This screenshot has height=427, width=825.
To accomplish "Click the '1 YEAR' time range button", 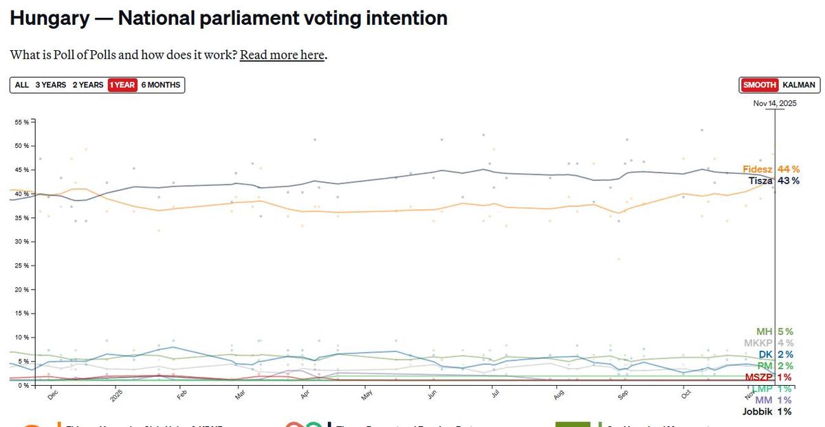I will [122, 85].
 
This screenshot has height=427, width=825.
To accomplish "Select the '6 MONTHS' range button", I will [161, 85].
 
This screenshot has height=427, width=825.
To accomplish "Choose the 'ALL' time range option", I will [22, 85].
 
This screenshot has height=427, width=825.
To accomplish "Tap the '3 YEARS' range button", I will [51, 85].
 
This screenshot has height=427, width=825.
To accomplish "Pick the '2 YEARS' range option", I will [88, 85].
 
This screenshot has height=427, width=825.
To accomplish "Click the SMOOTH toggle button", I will [759, 85].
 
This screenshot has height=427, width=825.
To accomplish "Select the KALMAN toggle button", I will [799, 85].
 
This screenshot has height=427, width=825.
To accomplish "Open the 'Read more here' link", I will [282, 55].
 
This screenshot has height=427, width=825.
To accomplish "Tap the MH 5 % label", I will [773, 331].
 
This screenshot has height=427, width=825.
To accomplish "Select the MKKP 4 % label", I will [767, 343].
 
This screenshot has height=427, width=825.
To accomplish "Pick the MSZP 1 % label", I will [767, 377].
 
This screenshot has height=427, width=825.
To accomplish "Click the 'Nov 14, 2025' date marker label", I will [775, 104].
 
